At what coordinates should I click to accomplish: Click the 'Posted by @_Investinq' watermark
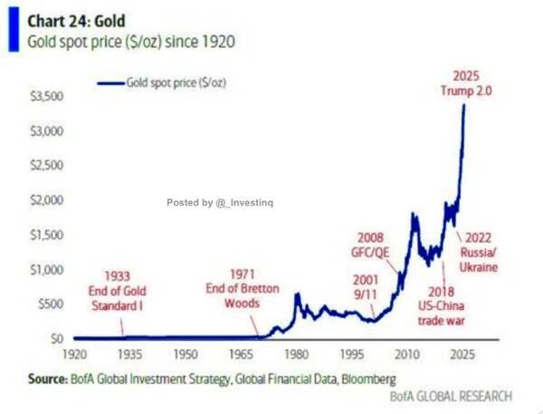225,202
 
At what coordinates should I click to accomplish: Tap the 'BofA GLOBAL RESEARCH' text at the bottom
451,395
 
